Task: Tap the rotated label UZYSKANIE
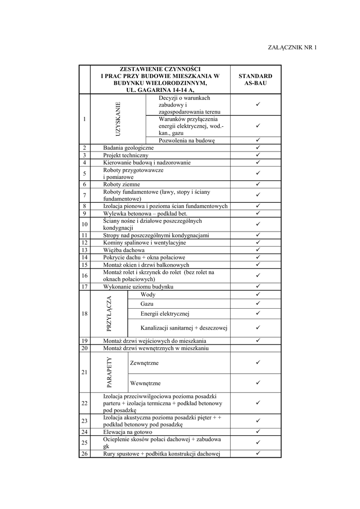tap(118, 119)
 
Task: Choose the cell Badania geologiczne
tap(128, 148)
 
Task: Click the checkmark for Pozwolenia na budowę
tap(259, 140)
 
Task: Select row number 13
tap(85, 250)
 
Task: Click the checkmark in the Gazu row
tap(259, 303)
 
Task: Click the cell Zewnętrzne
tap(144, 363)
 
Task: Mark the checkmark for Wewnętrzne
tap(259, 383)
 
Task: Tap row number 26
tap(85, 453)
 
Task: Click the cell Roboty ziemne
tap(121, 184)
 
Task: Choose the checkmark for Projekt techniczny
tap(259, 155)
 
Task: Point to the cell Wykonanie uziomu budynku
tap(138, 287)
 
